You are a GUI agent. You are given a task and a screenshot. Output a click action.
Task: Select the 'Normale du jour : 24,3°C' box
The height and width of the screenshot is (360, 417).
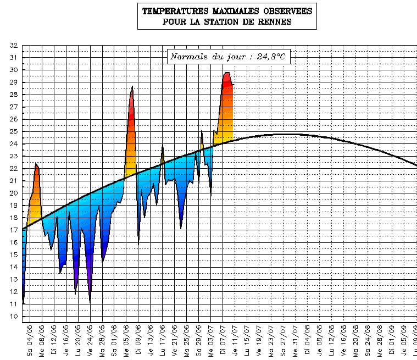228,56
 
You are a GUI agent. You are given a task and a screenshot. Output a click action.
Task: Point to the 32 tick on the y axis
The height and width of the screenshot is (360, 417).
14,45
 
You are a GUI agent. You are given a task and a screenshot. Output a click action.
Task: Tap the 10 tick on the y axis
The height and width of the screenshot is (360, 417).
14,317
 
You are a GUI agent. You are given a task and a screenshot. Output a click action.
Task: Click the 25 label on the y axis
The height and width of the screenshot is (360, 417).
14,131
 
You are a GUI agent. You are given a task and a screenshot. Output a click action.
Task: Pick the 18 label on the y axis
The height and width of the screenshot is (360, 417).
14,218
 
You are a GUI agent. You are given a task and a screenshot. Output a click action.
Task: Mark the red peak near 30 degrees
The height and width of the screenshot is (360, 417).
226,73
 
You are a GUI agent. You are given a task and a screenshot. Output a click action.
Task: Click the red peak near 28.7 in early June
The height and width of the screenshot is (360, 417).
132,87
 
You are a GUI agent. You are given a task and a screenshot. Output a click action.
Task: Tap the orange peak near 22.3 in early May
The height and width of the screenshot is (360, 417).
36,164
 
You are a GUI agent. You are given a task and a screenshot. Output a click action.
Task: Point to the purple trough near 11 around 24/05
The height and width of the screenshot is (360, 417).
90,301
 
